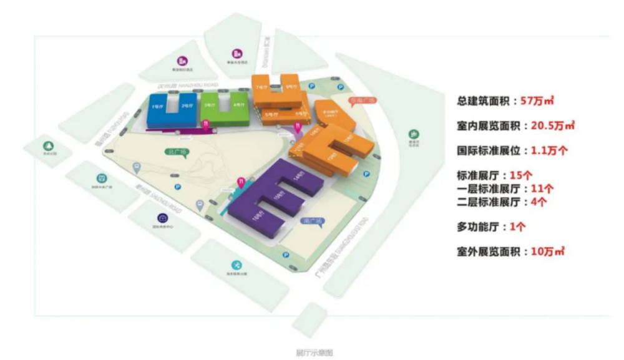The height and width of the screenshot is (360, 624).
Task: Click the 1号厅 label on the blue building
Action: (x=157, y=107)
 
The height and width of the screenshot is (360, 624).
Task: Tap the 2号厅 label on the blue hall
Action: (x=185, y=107)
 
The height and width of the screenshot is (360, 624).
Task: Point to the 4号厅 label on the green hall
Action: (x=237, y=105)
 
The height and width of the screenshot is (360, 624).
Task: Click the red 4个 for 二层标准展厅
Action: (x=540, y=202)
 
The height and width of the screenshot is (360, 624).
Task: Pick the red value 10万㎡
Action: (x=548, y=252)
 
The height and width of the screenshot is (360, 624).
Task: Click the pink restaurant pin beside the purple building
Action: (x=240, y=183)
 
